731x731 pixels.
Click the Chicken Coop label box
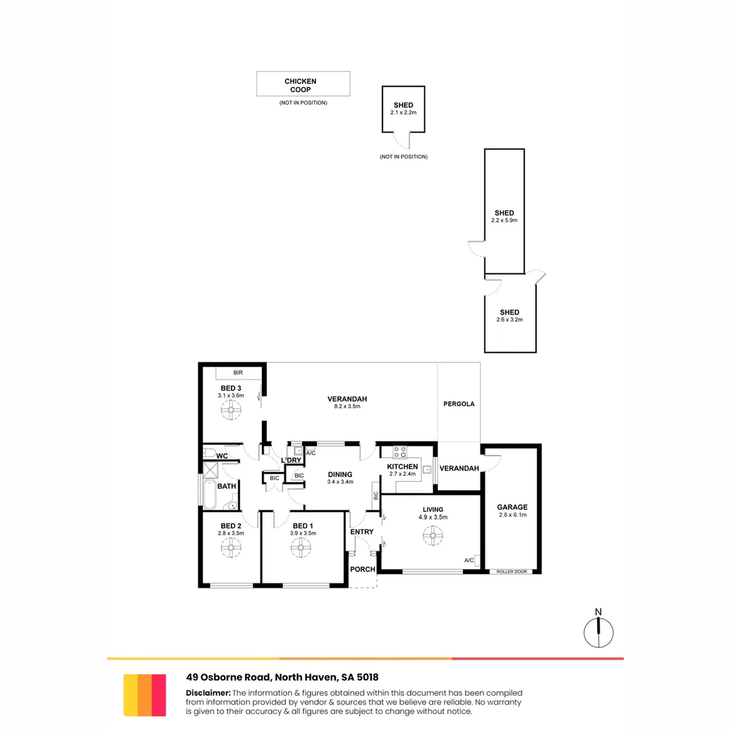pyautogui.click(x=303, y=84)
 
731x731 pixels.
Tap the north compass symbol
pyautogui.click(x=598, y=631)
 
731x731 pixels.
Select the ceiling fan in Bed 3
pyautogui.click(x=231, y=409)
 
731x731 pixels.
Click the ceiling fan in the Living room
pyautogui.click(x=431, y=536)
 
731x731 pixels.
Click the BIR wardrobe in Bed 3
pyautogui.click(x=238, y=373)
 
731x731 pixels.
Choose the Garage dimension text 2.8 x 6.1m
pyautogui.click(x=512, y=515)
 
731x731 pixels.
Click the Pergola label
pyautogui.click(x=459, y=404)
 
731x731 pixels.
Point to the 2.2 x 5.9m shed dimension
pyautogui.click(x=504, y=221)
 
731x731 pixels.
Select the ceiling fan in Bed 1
pyautogui.click(x=301, y=549)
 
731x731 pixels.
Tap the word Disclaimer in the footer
pyautogui.click(x=208, y=693)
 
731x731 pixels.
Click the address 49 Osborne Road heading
pyautogui.click(x=282, y=677)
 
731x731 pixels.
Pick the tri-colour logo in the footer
pyautogui.click(x=145, y=694)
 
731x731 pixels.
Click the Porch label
pyautogui.click(x=363, y=569)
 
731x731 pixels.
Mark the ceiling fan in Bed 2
pyautogui.click(x=230, y=549)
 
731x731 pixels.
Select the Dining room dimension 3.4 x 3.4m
pyautogui.click(x=340, y=482)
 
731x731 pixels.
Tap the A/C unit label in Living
pyautogui.click(x=468, y=560)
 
